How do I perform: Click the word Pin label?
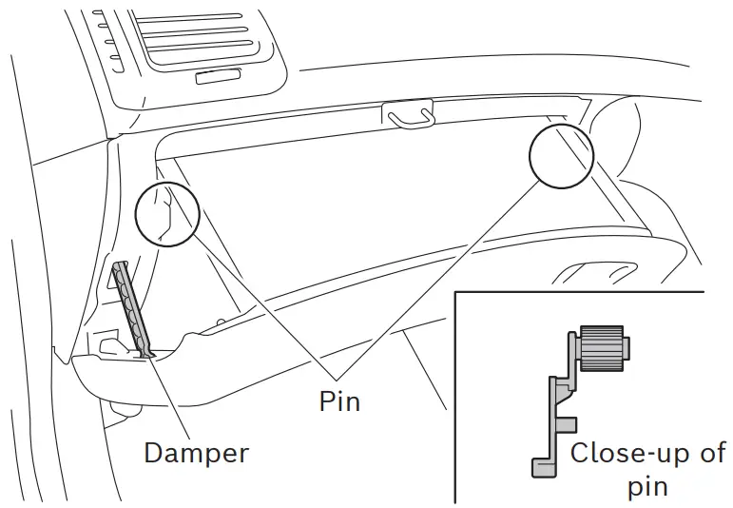coord(339,401)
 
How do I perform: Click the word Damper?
coord(196,453)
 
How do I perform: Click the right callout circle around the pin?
coord(561,154)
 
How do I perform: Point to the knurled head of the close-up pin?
coord(600,349)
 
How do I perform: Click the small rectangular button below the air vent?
coord(218,76)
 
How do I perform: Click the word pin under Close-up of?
coord(646,487)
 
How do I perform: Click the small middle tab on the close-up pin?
coord(568,420)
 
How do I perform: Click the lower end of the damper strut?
coord(148,349)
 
